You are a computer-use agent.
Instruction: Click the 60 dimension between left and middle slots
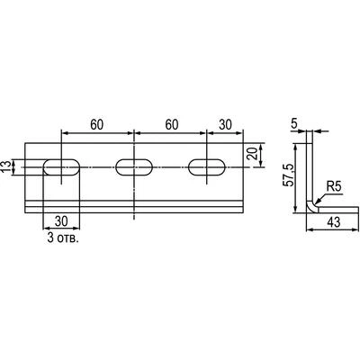pos(97,125)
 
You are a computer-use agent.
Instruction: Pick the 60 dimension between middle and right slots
pos(172,125)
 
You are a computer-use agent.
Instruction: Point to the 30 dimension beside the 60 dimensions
pos(225,125)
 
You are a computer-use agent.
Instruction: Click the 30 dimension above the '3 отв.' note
pos(61,221)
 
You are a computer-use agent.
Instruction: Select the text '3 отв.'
pos(63,238)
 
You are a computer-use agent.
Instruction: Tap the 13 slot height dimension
pos(5,166)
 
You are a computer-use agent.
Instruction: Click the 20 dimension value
pos(254,154)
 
